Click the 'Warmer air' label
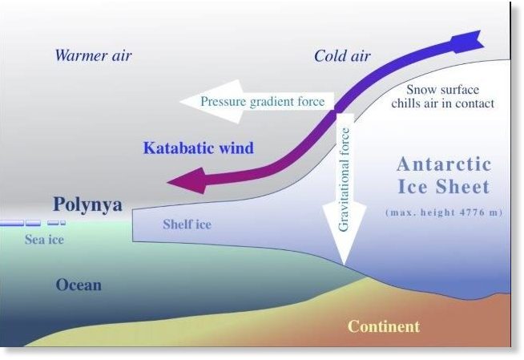[93, 55]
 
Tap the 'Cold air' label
[342, 56]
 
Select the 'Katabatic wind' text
[199, 148]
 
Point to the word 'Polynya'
[87, 204]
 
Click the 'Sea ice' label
[44, 239]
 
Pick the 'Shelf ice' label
[187, 224]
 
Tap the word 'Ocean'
[79, 285]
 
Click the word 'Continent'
[384, 326]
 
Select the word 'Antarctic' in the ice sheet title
[444, 164]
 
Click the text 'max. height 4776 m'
[444, 212]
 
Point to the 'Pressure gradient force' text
[263, 101]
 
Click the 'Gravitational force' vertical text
[344, 180]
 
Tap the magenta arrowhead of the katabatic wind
[187, 181]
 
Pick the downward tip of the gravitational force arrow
[345, 264]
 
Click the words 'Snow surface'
[442, 90]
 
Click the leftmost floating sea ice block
[12, 223]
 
